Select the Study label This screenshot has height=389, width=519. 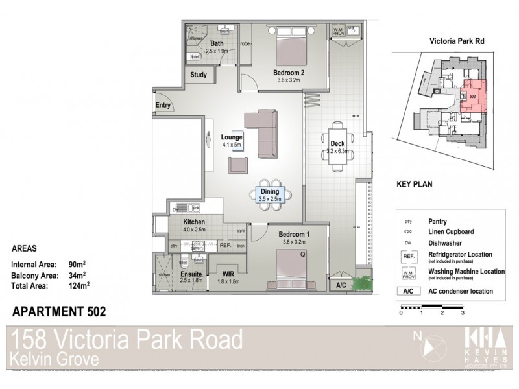(199, 75)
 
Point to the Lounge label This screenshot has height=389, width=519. (232, 137)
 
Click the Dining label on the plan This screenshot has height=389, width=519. (270, 192)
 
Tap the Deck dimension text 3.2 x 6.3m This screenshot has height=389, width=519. (337, 151)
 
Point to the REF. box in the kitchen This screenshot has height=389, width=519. (225, 246)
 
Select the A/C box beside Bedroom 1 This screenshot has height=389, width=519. (340, 285)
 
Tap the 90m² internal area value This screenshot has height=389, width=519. (77, 265)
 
